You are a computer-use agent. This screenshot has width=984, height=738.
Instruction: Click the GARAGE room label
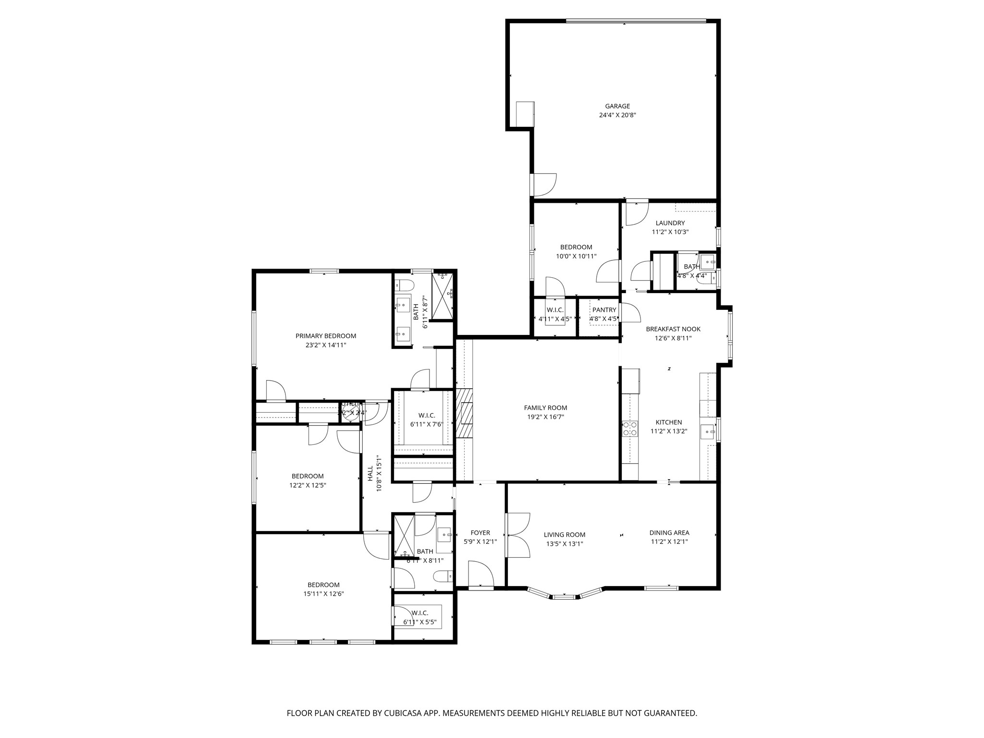pos(617,106)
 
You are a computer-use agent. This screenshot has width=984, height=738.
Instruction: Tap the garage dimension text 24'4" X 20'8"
pos(617,115)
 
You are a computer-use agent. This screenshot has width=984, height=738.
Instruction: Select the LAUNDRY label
pos(670,223)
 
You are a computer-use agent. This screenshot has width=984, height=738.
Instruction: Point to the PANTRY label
pos(604,310)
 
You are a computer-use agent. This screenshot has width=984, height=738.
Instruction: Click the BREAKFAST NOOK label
pos(673,329)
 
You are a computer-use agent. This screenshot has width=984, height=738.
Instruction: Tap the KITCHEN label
pos(668,422)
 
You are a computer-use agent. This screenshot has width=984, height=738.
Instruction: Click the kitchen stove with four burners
pos(629,429)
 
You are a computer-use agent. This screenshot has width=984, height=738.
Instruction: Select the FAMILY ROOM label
pos(545,408)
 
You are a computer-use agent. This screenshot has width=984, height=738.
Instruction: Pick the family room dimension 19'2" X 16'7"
pos(545,417)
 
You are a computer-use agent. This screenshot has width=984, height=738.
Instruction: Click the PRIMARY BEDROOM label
pos(325,336)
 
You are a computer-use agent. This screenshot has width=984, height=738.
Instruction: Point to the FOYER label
pos(480,532)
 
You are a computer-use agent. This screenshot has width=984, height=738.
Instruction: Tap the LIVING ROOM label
pos(564,535)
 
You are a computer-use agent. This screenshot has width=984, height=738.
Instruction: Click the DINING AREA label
pos(669,532)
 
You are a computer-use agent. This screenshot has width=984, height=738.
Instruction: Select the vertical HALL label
pos(370,473)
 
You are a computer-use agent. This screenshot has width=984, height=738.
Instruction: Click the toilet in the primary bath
pos(404,285)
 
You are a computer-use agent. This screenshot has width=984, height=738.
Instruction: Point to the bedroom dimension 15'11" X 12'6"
pos(323,593)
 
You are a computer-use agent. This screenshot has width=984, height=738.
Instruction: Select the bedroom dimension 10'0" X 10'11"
pos(576,256)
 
